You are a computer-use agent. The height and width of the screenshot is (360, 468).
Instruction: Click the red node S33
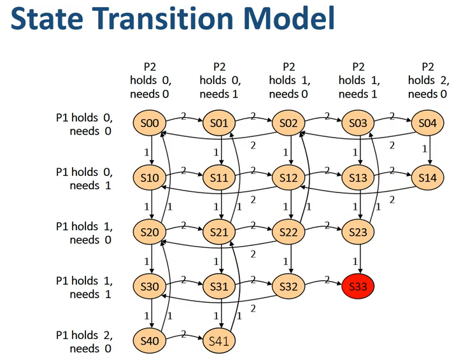pos(358,287)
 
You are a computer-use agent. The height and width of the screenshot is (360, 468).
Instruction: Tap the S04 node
pos(427,124)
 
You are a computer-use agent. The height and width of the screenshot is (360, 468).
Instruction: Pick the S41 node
pos(220,341)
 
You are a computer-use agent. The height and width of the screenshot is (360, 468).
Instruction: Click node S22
pos(289,233)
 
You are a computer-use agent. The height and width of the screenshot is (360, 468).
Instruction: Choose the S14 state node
pos(427,178)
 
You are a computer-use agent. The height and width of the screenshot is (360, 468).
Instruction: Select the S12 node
pos(289,178)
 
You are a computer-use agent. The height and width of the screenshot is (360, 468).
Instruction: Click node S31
pos(220,287)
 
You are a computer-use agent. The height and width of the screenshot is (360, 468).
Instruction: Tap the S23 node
pos(358,233)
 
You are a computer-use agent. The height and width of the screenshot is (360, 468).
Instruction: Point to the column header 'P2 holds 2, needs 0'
pos(427,80)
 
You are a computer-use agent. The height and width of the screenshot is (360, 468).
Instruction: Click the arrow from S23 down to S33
pos(358,259)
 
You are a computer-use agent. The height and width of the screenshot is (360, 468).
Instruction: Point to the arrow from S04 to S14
pos(427,150)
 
